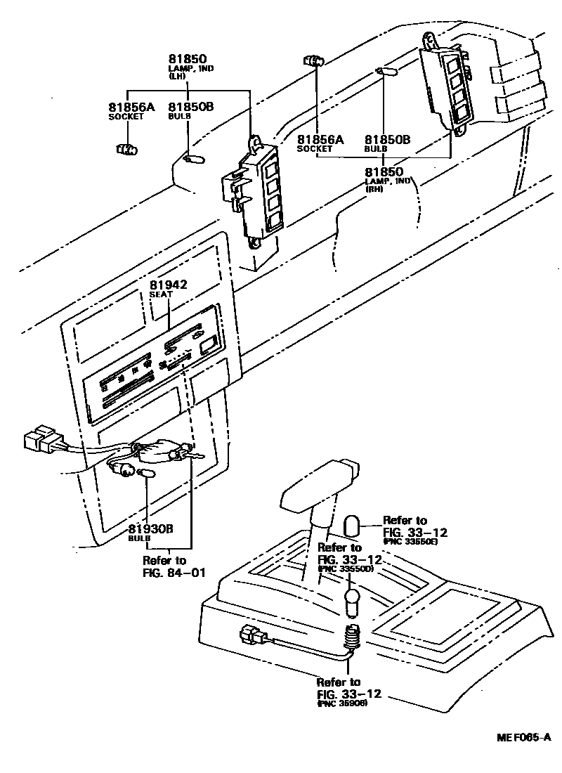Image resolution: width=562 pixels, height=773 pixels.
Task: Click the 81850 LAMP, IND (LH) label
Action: (x=187, y=65)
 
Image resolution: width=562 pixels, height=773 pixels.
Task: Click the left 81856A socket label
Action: (x=131, y=110)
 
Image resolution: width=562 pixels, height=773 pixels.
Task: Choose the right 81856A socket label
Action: (x=320, y=143)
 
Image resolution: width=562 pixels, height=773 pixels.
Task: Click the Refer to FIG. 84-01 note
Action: (x=174, y=566)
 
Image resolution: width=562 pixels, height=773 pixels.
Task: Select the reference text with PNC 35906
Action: (x=348, y=692)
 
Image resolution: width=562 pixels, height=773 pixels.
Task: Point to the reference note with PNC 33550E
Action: (x=414, y=530)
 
